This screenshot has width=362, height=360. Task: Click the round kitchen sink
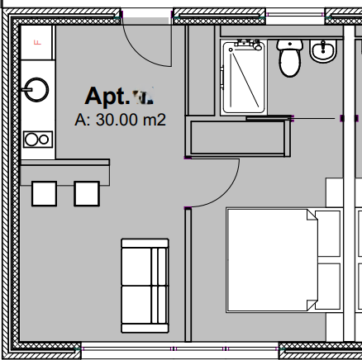(x=36, y=88)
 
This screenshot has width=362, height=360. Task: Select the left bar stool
(x=45, y=192)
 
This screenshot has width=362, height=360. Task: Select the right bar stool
(x=86, y=192)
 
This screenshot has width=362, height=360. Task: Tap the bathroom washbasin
(x=322, y=53)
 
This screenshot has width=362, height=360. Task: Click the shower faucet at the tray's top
(x=243, y=44)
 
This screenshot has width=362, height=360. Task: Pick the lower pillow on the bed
(x=328, y=286)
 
